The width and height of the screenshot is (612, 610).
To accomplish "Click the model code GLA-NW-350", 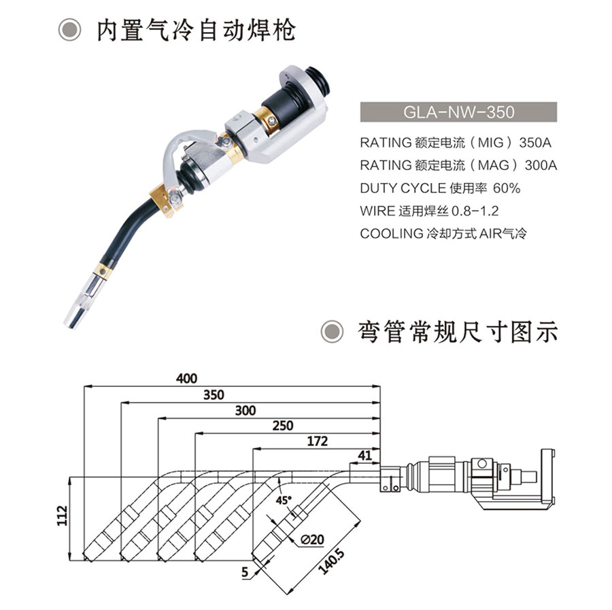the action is (458, 112).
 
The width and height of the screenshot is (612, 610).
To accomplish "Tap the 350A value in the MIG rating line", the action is (534, 143).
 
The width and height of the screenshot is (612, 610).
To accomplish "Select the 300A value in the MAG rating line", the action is (541, 165).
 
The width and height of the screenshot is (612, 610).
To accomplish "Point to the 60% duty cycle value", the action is (507, 188).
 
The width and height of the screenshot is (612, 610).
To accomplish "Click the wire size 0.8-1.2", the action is (475, 211).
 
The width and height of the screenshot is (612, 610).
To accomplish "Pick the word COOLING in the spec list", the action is (392, 234).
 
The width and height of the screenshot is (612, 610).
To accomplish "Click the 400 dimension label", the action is (186, 378).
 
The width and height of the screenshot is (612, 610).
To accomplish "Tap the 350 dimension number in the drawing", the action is (214, 394).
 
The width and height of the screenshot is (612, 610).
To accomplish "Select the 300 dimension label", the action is (245, 410).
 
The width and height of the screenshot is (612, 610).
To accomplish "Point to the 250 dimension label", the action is (283, 426).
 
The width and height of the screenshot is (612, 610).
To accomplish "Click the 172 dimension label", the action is (317, 441).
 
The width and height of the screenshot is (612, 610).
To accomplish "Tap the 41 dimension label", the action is (364, 455).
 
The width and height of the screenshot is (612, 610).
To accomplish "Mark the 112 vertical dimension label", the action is (63, 515).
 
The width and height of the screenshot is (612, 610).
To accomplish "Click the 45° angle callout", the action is (284, 500).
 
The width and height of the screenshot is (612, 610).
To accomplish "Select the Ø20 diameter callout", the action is (312, 539).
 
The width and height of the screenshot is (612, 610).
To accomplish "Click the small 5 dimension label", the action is (245, 572).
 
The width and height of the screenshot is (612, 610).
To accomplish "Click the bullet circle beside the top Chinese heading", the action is (70, 30).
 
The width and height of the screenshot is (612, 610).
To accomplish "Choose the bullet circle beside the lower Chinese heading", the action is (332, 332).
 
